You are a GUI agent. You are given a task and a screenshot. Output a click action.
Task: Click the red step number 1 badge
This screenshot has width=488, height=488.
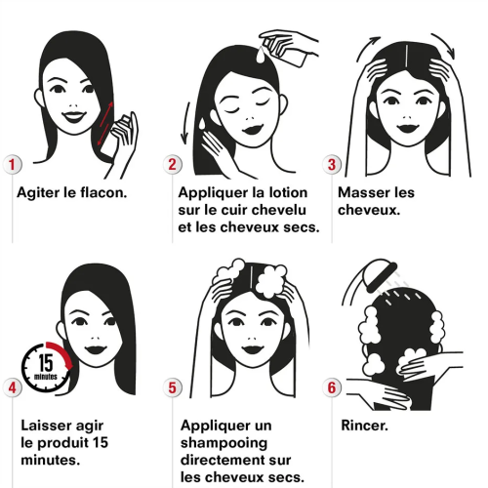pos(13,164)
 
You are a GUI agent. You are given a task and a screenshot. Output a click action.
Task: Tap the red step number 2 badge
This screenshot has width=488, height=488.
pos(172,164)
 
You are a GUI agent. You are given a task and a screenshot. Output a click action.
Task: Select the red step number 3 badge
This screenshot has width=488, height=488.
pos(332,164)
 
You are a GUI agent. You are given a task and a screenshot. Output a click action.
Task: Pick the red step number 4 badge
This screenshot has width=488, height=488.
pos(13,387)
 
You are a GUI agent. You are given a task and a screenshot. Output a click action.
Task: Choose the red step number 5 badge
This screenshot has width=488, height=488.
pos(172,387)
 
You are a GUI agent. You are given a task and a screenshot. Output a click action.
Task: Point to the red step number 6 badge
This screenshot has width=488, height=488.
pos(332,387)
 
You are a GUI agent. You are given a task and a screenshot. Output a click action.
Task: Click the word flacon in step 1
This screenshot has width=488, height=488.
pos(103,192)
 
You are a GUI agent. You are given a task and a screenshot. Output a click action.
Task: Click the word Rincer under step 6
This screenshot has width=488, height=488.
pos(364,426)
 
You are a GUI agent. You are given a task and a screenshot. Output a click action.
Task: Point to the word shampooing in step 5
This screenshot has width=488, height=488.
pos(224,443)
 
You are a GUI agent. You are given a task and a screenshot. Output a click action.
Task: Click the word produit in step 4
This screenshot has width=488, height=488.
pos(67,443)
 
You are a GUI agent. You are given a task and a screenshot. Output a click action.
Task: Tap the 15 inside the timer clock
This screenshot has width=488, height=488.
pos(46,362)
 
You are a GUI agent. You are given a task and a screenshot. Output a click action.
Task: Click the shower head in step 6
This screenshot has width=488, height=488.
pos(382,274)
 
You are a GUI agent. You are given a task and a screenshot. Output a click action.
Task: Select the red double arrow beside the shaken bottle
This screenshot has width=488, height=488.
pos(105,124)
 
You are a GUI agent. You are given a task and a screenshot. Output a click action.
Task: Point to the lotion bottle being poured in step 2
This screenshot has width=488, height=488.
pos(286,50)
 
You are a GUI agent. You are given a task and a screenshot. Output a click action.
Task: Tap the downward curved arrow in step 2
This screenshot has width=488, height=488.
pos(185,123)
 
